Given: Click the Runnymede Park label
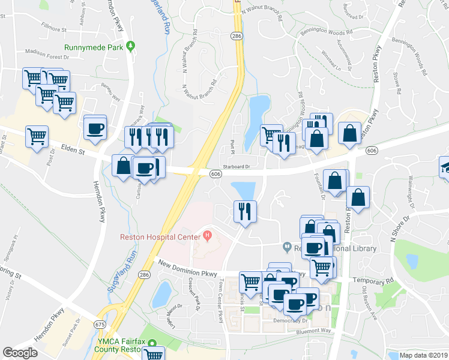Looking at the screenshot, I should (94, 47).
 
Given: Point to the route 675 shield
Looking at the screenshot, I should (101, 323).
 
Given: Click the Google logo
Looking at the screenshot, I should (20, 352).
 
